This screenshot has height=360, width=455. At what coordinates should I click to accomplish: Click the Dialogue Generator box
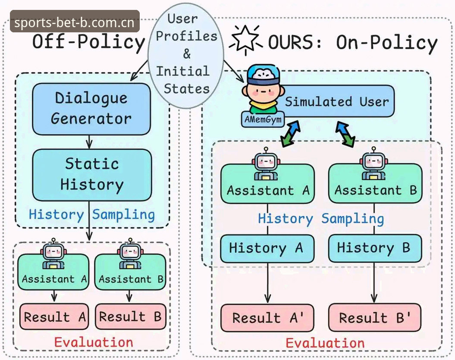(91, 109)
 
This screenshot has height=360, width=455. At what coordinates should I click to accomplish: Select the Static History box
(92, 175)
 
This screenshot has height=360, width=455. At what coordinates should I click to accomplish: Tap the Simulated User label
(337, 101)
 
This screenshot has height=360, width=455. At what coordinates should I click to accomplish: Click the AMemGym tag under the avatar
(263, 119)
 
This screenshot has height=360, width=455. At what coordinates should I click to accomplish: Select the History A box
(267, 248)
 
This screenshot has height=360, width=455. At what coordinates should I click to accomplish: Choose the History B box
(375, 248)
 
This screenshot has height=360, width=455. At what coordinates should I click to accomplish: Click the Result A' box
(267, 318)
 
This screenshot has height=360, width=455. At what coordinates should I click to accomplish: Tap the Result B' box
(375, 318)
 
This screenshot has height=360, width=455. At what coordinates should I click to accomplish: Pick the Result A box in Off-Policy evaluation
(54, 316)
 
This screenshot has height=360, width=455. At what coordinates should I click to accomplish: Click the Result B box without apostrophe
(131, 316)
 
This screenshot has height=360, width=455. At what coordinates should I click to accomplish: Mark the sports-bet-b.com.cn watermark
(75, 21)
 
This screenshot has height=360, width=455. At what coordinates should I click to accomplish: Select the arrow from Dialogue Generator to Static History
(89, 142)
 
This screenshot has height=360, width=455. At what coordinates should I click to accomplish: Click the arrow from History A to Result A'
(267, 283)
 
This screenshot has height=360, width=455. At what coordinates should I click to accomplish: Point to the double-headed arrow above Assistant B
(345, 134)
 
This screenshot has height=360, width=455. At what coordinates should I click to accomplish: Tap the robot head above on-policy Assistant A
(266, 160)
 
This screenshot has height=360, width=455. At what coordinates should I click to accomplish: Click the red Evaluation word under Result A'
(325, 343)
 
